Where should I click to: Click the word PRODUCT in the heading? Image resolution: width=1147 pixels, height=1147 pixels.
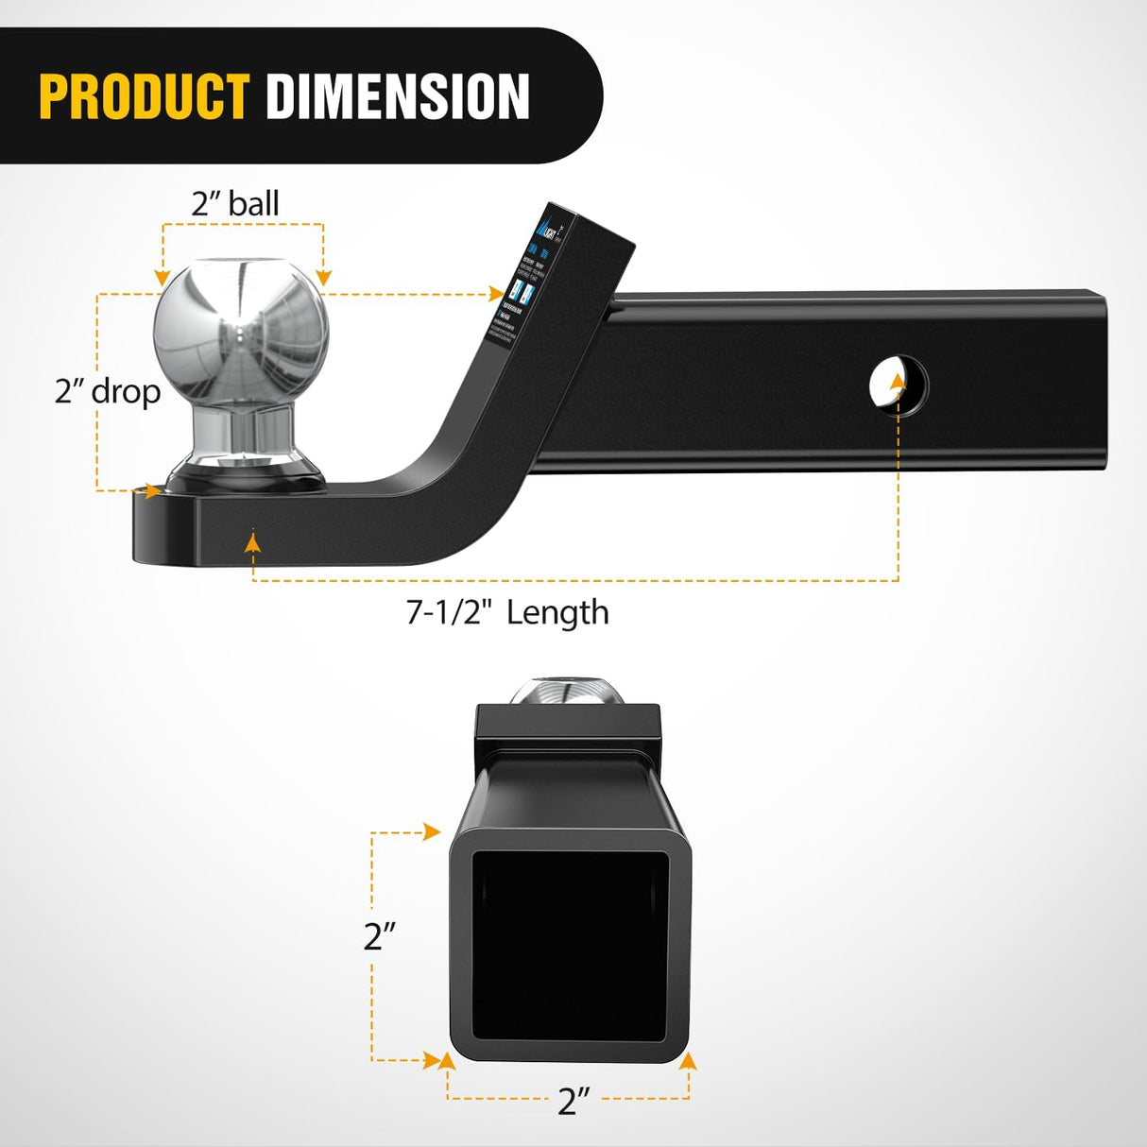(144, 96)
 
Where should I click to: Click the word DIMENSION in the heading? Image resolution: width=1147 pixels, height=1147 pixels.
(397, 96)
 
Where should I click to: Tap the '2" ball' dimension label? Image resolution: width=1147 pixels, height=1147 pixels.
(235, 203)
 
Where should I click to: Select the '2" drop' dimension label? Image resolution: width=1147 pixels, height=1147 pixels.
(108, 390)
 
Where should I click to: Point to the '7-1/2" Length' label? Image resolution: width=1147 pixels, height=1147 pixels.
(507, 612)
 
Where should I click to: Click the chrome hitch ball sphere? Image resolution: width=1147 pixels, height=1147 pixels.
(242, 331)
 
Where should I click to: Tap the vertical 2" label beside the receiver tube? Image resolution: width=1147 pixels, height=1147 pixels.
(380, 935)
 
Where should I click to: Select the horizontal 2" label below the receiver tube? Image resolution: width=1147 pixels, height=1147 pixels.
(573, 1101)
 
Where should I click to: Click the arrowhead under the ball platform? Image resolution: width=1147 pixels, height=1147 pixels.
(252, 542)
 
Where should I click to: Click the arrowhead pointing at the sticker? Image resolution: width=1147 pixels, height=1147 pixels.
(496, 294)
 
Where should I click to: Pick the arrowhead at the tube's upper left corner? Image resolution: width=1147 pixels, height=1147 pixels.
(432, 832)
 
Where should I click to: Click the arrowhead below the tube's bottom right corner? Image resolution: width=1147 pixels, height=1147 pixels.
(688, 1061)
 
